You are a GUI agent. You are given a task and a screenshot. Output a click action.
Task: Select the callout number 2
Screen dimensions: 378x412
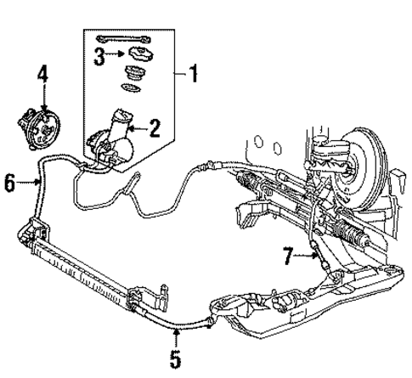pos(155,128)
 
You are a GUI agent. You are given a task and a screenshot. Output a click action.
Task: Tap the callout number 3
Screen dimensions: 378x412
pos(99,57)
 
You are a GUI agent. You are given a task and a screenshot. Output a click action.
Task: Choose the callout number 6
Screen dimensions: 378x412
pos(9,182)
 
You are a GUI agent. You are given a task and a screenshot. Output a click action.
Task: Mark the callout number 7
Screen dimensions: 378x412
pos(288,252)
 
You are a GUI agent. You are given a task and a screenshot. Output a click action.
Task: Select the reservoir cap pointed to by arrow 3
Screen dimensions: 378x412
pos(133,59)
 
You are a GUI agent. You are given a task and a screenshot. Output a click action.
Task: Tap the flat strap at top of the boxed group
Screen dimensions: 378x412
pos(123,40)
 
